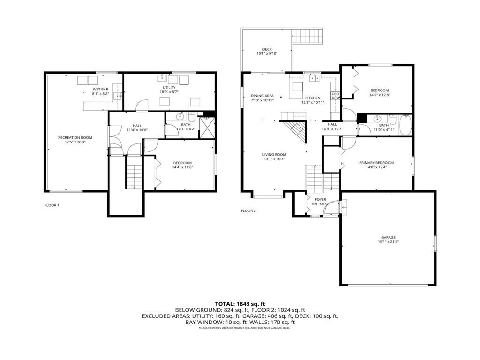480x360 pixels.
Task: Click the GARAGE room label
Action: pos(388,237)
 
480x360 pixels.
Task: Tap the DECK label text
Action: pos(267,49)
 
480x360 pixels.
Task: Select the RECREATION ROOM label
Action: pos(75,137)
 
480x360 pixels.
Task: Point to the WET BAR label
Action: pos(101,89)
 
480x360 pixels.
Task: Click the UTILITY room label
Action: pos(169,88)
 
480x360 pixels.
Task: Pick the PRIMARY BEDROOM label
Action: pos(376,163)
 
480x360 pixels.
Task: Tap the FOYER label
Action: pos(320,199)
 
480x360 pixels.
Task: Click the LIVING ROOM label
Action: pos(274,154)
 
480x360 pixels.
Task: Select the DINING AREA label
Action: pos(262,95)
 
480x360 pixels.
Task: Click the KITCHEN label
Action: pos(313,97)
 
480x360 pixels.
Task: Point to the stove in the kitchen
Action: pos(336,96)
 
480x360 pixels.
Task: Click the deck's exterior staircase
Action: pos(307,36)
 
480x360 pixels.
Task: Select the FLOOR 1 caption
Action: pos(52,205)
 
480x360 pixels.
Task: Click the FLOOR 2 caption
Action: pos(248,211)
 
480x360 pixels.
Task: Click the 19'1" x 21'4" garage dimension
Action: pos(388,242)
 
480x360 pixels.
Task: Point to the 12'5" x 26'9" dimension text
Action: pos(75,142)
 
